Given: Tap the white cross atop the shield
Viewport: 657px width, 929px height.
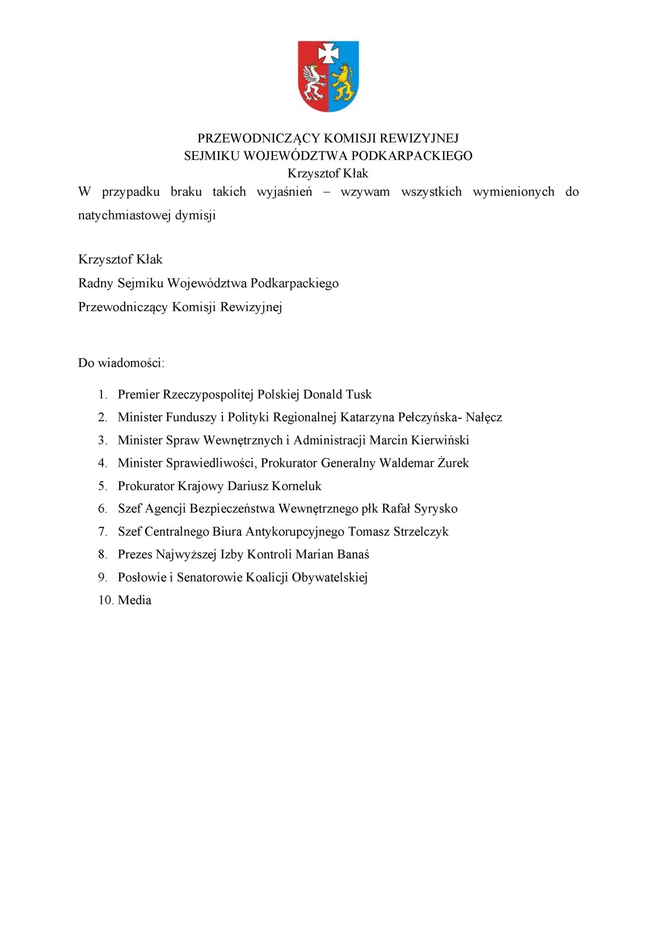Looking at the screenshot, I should pyautogui.click(x=328, y=53).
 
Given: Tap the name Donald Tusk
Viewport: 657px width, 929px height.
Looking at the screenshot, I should pyautogui.click(x=337, y=394).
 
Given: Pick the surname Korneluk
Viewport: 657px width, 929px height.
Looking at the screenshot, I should pyautogui.click(x=296, y=486).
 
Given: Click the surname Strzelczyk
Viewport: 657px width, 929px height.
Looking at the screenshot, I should pyautogui.click(x=421, y=531).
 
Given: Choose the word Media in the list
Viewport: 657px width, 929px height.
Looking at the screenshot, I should pyautogui.click(x=134, y=600).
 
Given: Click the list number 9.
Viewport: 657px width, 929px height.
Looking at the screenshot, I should pyautogui.click(x=102, y=577).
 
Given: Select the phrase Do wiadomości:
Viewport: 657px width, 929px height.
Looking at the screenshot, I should pyautogui.click(x=121, y=363).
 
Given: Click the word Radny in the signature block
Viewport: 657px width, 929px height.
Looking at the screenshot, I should pyautogui.click(x=95, y=283).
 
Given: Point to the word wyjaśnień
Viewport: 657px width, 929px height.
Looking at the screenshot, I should pyautogui.click(x=284, y=191).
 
